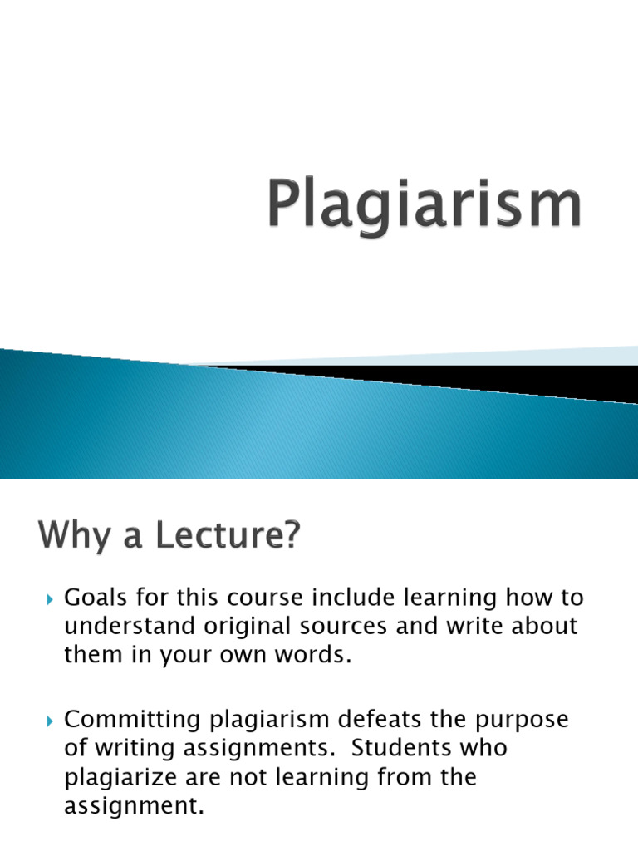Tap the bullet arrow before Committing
[49, 721]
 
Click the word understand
[137, 626]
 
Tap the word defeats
[388, 719]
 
